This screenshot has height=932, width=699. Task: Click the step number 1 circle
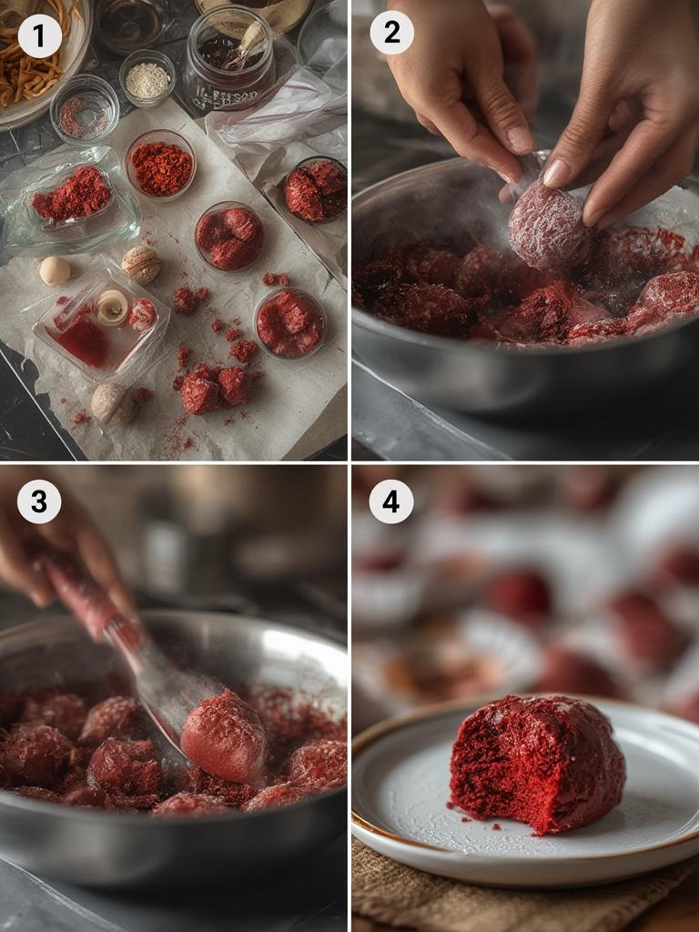point(39,36)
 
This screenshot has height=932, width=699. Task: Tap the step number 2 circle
point(391,33)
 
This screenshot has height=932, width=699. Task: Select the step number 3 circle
point(39,501)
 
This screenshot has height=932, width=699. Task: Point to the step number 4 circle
point(391,501)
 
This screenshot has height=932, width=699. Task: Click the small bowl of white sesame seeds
point(147,79)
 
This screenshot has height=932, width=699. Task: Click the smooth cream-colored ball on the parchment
point(55,270)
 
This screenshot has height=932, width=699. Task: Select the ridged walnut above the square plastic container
point(141,264)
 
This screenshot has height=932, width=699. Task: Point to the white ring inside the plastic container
point(112,307)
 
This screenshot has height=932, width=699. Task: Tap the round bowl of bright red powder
point(160,167)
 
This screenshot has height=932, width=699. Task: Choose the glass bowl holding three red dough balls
point(229,236)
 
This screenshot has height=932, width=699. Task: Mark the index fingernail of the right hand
point(556,172)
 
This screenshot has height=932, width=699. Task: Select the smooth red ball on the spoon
point(224,735)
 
